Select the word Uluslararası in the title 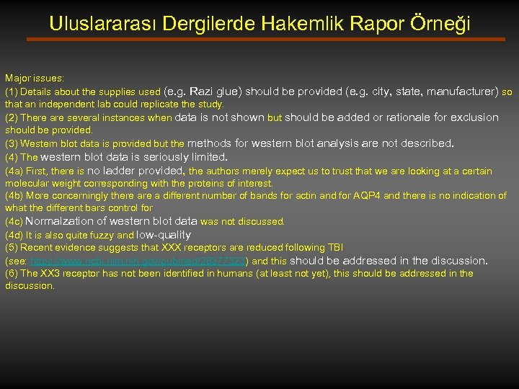(103, 24)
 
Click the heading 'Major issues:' (35, 77)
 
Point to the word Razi (207, 91)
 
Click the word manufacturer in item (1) (461, 91)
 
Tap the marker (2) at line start (12, 117)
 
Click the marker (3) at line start (12, 143)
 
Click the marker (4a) (14, 171)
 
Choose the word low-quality (164, 235)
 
